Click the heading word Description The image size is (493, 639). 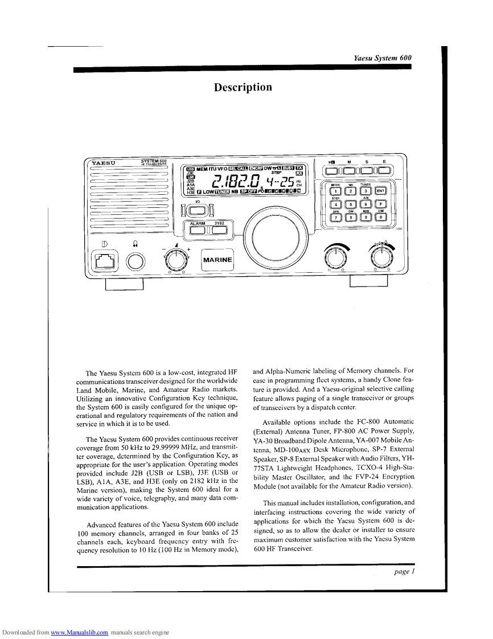tap(243, 87)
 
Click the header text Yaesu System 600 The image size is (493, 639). tap(383, 58)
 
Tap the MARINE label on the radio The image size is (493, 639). tap(217, 260)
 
